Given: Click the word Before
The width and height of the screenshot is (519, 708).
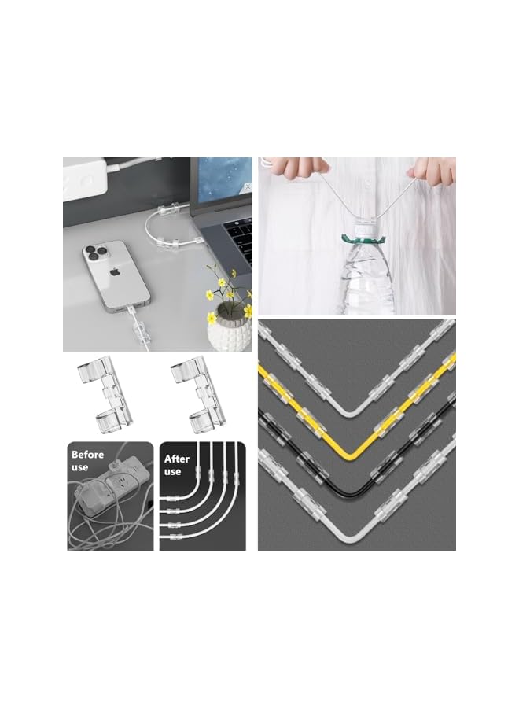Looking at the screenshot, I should click(x=87, y=455).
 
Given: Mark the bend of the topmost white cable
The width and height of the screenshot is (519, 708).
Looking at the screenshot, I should click(x=358, y=418).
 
